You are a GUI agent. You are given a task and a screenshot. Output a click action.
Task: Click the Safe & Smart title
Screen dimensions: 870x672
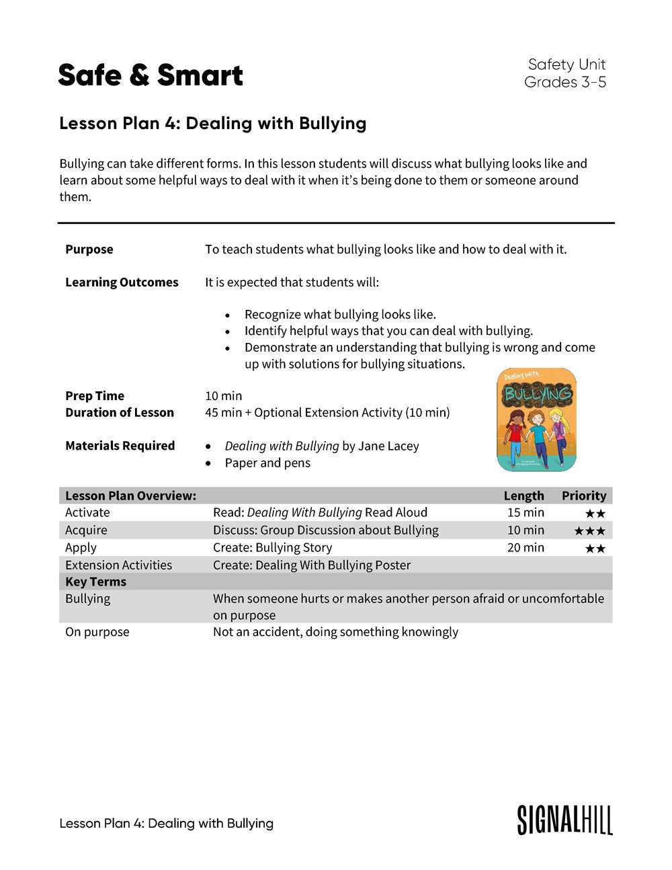coord(151,75)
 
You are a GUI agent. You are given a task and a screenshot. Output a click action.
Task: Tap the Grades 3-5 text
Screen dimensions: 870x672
coord(565,82)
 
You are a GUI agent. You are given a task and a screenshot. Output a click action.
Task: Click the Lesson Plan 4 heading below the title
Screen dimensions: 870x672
coord(213,124)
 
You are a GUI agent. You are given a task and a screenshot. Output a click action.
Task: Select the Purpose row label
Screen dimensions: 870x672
coord(89,249)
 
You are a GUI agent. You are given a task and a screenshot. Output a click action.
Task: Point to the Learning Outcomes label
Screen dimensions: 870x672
coord(122,282)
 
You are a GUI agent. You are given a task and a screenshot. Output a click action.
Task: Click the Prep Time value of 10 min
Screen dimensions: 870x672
coord(223,396)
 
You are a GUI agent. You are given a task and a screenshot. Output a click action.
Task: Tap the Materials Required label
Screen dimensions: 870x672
coord(120,446)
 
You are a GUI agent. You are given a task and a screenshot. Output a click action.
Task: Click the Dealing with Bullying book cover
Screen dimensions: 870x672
coord(536,420)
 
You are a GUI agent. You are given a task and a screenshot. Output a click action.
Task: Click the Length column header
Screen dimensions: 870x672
coord(523,496)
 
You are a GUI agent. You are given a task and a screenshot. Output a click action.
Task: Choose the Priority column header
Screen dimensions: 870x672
coord(584,496)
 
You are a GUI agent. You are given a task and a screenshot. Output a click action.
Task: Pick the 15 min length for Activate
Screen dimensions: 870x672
coord(526,512)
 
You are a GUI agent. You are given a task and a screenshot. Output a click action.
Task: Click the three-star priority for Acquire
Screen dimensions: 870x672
coord(589,531)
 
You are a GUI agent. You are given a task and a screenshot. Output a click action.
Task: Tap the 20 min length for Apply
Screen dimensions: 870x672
coord(526,548)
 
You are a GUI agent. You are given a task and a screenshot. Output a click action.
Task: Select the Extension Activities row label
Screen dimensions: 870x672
coord(118,565)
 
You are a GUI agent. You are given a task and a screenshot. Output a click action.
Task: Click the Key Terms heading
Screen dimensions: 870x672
coord(95,582)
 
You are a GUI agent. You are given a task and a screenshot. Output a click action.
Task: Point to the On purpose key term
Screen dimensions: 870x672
coord(97,632)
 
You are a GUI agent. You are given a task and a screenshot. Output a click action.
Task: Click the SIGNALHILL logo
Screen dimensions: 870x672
coord(564,820)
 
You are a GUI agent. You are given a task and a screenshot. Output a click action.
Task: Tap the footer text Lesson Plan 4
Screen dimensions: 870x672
coord(166,824)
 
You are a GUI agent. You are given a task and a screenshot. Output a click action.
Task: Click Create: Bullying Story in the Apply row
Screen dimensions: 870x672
coord(272,548)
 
